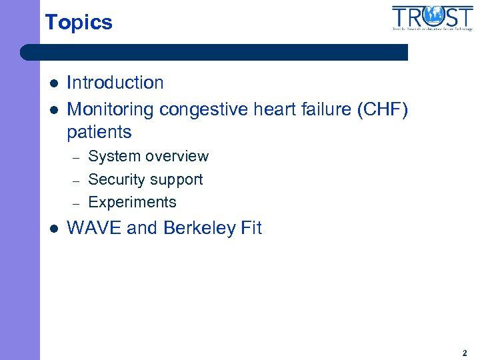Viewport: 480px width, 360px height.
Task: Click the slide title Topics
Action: pos(79,22)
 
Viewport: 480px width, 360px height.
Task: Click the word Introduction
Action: pos(115,83)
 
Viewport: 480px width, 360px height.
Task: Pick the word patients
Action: pos(99,131)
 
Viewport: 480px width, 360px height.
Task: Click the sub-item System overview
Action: pos(148,157)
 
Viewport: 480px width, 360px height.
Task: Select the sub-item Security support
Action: pos(145,179)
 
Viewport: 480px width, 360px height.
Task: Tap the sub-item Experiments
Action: pos(132,202)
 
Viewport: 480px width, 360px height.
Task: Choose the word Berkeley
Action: pos(198,228)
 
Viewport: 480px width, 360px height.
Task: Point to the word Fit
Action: pos(251,228)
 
